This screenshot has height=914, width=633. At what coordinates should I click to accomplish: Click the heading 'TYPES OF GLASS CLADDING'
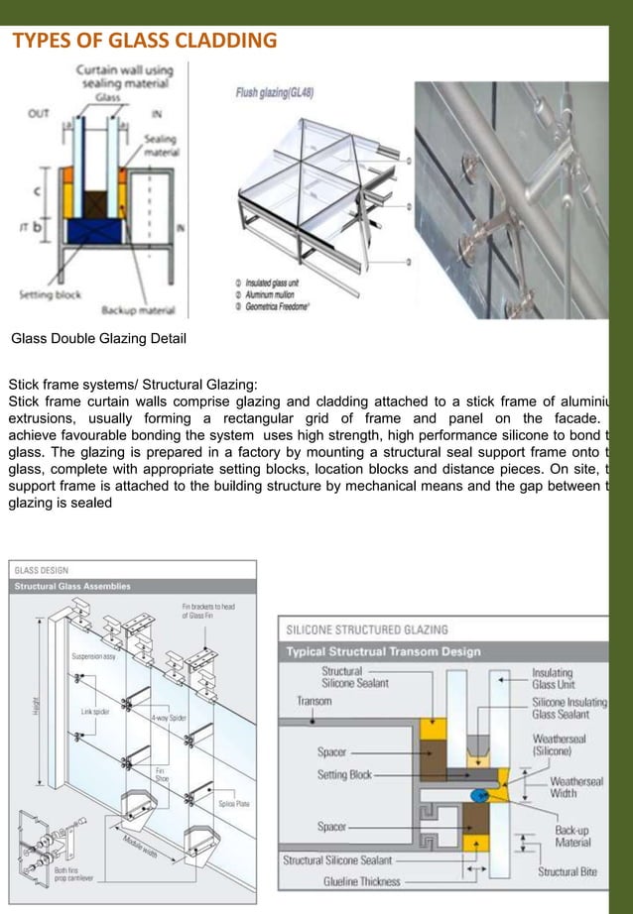(144, 41)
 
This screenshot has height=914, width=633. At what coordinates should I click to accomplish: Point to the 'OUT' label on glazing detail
(38, 113)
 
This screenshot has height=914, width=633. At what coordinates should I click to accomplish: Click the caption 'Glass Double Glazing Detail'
(98, 339)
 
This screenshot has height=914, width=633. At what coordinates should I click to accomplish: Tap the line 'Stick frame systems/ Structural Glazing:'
(132, 384)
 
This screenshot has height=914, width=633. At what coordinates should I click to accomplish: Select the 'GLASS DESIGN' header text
(41, 570)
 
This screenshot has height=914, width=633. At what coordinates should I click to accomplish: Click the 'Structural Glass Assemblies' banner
(71, 586)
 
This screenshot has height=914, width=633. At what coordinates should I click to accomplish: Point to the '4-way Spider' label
(169, 717)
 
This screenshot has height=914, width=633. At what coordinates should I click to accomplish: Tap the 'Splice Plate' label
(234, 804)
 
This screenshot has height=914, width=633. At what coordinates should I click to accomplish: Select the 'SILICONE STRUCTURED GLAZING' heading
(366, 629)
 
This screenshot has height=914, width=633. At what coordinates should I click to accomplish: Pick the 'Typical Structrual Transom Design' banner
(383, 651)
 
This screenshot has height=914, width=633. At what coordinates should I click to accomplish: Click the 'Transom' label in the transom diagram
(314, 701)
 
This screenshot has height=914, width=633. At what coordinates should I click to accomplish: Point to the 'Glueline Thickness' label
(361, 881)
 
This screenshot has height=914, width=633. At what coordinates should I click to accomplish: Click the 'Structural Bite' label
(568, 872)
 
